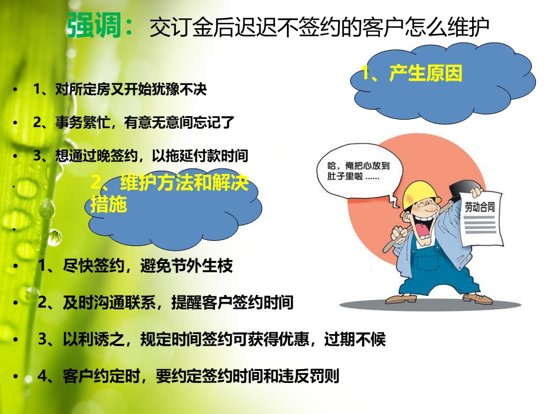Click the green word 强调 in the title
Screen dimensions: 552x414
94,25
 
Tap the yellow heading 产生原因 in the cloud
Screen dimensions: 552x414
426,73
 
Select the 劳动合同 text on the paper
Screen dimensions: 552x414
480,206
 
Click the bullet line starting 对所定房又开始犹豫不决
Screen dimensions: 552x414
120,89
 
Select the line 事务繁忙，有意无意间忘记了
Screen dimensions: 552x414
134,122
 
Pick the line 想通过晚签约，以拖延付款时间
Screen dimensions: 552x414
141,156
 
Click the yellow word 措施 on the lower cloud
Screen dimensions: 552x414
109,204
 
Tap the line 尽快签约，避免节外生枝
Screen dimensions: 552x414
135,266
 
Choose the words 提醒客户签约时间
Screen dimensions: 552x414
232,302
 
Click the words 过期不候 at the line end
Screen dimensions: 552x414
355,339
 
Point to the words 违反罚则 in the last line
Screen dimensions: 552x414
308,376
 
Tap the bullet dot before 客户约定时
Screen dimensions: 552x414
15,376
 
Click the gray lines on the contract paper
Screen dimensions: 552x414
480,225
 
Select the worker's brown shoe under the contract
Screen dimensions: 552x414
478,298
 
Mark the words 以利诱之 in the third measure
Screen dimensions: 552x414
93,339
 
